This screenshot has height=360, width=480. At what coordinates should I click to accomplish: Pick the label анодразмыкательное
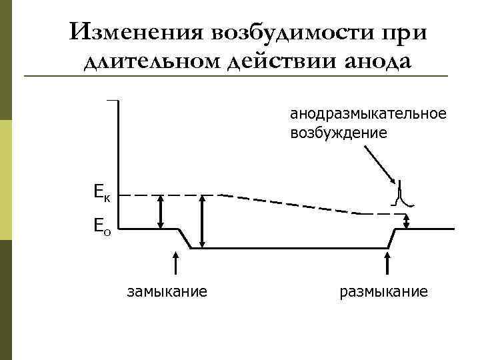click(x=367, y=113)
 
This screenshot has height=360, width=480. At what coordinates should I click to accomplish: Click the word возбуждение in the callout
click(x=338, y=133)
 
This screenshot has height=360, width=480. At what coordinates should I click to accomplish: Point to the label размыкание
click(x=383, y=291)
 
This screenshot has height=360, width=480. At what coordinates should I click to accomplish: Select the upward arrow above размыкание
click(x=388, y=263)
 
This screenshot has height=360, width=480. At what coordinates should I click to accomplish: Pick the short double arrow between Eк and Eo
click(x=160, y=212)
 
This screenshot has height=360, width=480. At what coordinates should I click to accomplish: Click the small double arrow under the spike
click(x=409, y=220)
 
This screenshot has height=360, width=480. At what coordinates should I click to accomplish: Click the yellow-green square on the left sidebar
click(x=6, y=180)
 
